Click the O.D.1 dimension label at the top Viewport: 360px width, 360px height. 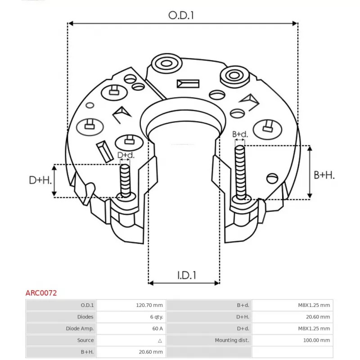tap(181, 15)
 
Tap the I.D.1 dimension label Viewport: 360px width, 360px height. tap(187, 275)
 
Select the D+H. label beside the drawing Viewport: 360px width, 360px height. tap(40, 180)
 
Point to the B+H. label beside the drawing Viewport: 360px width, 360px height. tap(324, 175)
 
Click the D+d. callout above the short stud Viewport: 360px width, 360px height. tap(126, 155)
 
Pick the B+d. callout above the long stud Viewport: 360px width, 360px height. tap(240, 134)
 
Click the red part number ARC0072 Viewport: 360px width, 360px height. tap(41, 293)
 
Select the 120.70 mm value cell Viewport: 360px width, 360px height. tap(149, 305)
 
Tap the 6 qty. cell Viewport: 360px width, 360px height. tap(157, 317)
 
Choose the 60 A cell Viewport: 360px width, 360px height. tap(157, 328)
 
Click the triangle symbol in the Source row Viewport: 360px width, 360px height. tap(160, 341)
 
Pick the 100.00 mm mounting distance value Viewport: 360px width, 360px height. tap(317, 340)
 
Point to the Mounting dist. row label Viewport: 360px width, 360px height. tap(232, 340)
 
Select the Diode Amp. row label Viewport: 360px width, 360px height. tap(80, 328)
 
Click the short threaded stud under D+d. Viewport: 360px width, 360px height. tap(126, 181)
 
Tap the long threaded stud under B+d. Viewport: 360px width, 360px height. tap(240, 172)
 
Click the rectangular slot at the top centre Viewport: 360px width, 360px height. tap(188, 84)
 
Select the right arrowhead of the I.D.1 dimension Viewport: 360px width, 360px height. tap(217, 283)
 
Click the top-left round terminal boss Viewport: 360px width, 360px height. tap(166, 63)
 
